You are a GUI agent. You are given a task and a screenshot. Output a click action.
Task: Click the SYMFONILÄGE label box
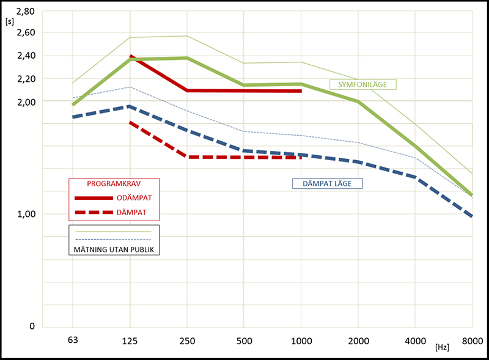click(363, 84)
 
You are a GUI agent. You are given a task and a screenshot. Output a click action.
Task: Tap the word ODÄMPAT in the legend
click(134, 198)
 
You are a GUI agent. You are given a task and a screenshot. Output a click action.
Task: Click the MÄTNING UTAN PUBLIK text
click(113, 249)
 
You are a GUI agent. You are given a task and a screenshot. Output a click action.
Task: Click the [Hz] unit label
click(443, 347)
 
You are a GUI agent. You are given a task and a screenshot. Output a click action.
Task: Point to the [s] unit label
click(9, 21)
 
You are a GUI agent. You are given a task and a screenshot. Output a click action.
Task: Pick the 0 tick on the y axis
click(32, 326)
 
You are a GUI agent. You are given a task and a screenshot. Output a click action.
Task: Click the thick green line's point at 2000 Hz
click(358, 101)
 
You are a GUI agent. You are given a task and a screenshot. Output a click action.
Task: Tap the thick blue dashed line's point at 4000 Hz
click(415, 177)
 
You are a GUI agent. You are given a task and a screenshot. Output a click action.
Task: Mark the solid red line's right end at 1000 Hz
click(301, 91)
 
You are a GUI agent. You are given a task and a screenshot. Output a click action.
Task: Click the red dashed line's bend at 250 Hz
click(187, 157)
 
